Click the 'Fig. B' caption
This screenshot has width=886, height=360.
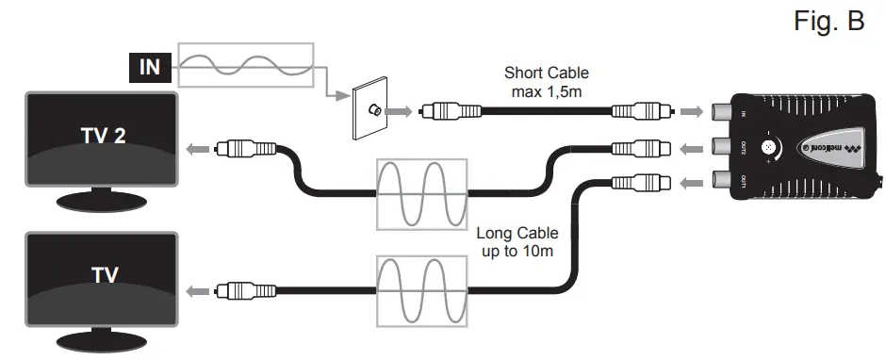[x=829, y=23]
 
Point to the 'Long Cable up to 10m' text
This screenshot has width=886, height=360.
[x=517, y=242]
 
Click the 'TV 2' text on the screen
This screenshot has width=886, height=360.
[x=102, y=134]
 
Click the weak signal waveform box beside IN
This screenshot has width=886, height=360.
[x=245, y=65]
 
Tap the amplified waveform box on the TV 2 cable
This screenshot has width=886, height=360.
[x=422, y=194]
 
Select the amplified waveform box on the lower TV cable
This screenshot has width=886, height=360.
[x=422, y=291]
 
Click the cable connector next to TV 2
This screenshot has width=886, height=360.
[x=245, y=148]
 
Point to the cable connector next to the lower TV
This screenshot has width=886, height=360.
[x=245, y=291]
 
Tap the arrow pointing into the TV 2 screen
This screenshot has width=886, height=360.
[x=197, y=148]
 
